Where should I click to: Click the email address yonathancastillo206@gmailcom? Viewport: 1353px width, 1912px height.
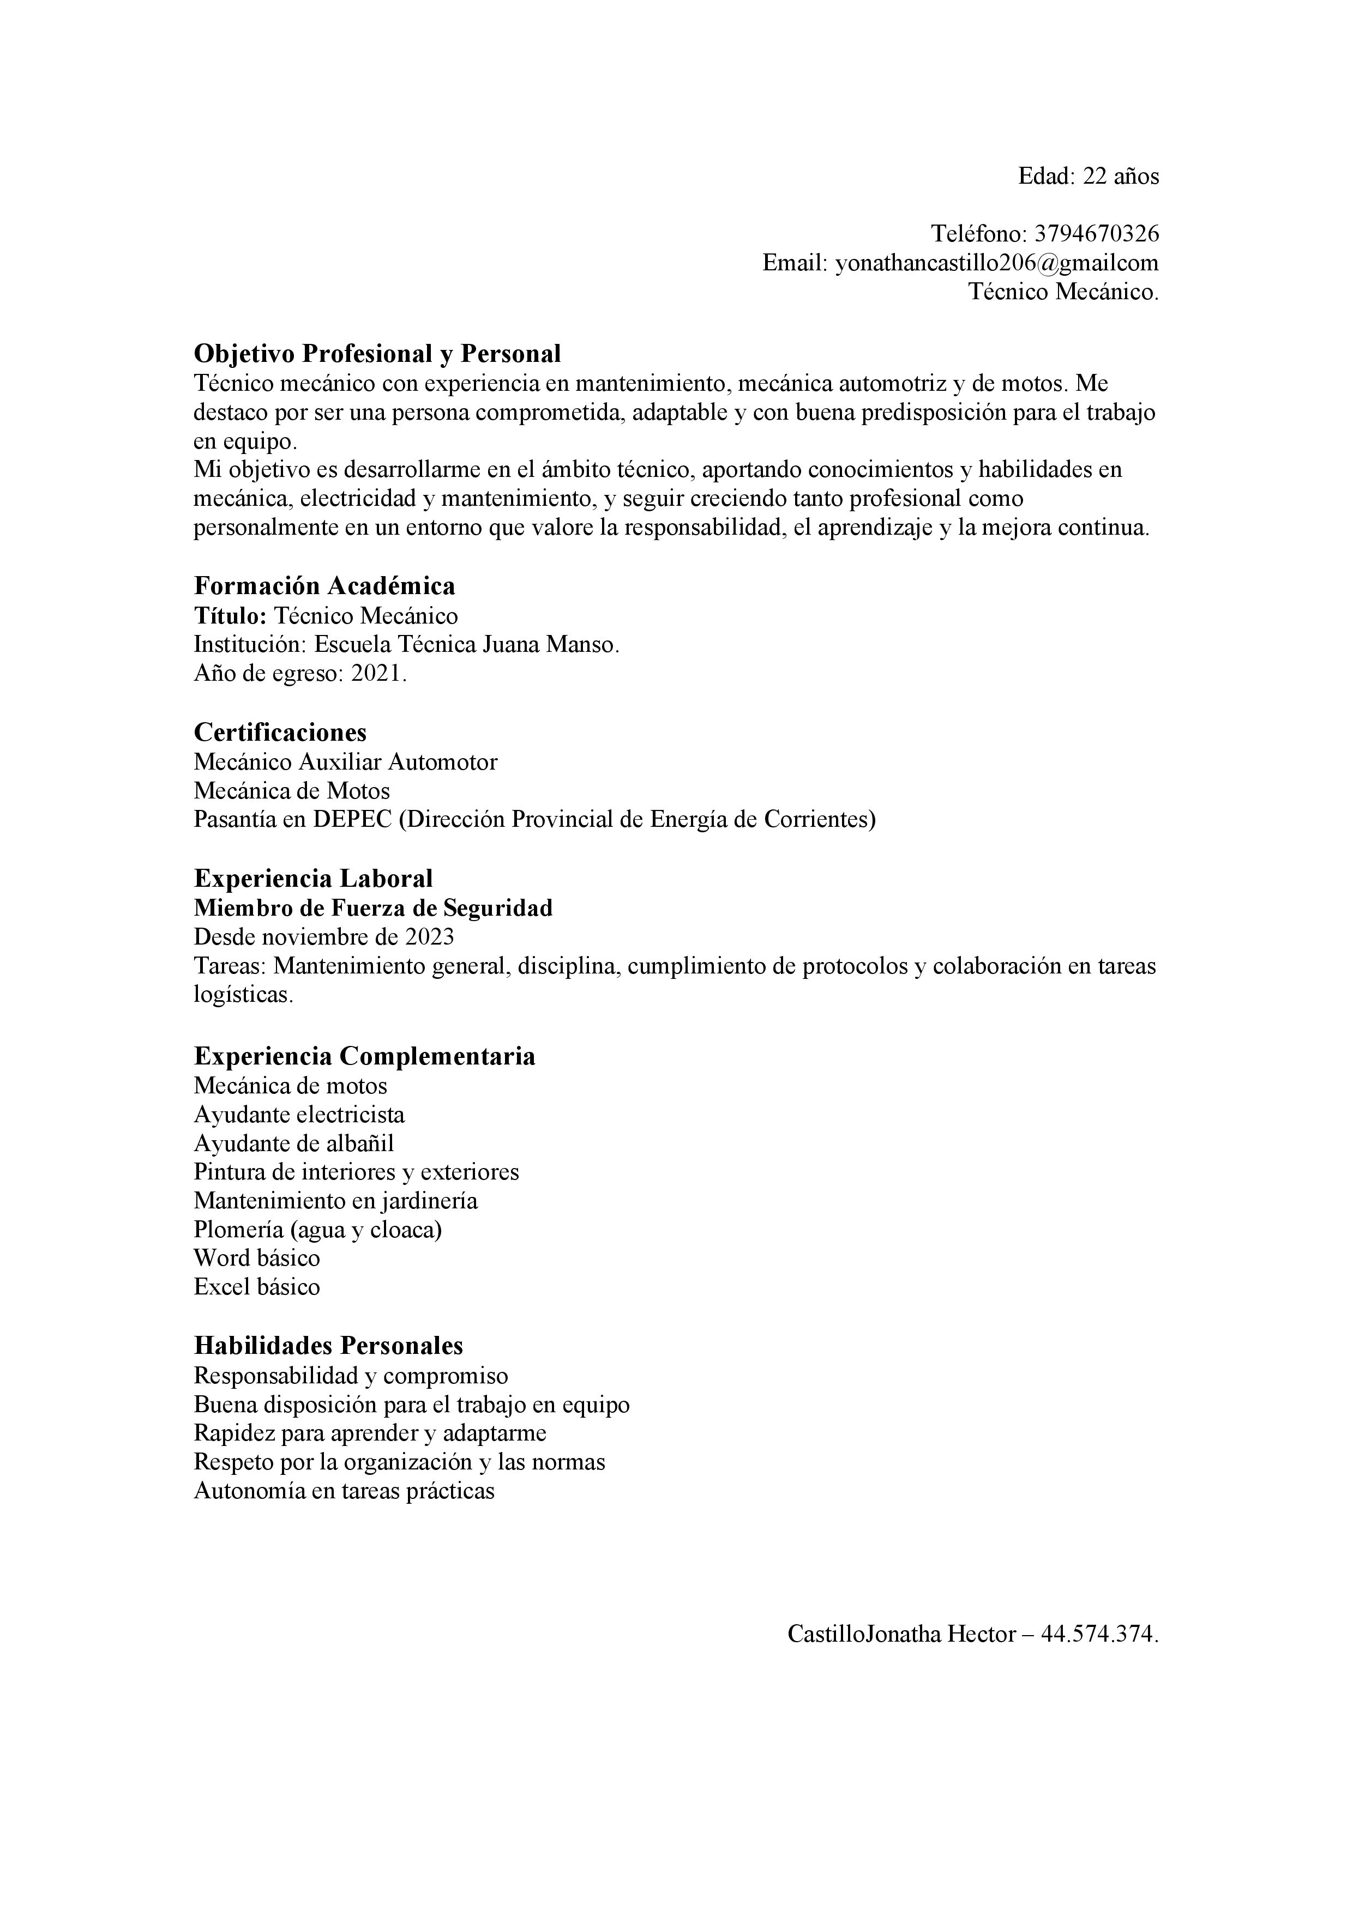(x=996, y=263)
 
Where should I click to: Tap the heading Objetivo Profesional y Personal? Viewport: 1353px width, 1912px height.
(x=377, y=354)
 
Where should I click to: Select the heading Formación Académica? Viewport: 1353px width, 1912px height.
(x=325, y=586)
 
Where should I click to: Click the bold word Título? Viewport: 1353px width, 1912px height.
(x=230, y=616)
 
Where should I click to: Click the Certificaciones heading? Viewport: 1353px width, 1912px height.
(x=280, y=733)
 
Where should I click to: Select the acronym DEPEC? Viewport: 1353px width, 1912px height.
(x=352, y=819)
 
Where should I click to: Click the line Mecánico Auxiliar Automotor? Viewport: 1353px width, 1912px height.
(x=346, y=762)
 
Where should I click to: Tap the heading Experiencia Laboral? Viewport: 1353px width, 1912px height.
(x=313, y=879)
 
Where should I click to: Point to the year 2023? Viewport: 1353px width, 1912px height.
(x=429, y=937)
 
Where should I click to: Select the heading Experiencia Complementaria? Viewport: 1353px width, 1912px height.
(x=365, y=1057)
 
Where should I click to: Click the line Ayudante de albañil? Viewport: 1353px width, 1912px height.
(x=294, y=1143)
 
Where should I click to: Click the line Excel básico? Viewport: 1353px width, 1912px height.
(x=257, y=1287)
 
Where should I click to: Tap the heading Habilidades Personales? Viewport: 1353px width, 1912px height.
(x=328, y=1346)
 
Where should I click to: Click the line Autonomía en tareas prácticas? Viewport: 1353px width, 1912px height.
(x=344, y=1491)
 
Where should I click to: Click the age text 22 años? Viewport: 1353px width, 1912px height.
(x=1121, y=177)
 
